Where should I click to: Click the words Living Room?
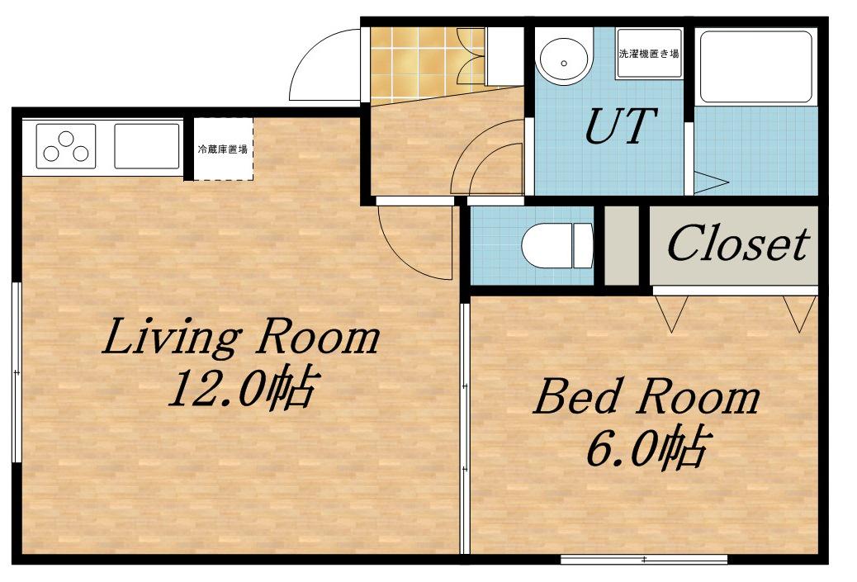(x=240, y=337)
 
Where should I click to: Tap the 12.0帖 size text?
(x=242, y=389)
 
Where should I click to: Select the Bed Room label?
(x=646, y=397)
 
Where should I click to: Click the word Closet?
(x=738, y=244)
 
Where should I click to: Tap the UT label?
(x=620, y=125)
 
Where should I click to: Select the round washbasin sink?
(x=564, y=61)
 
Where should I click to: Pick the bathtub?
(x=756, y=66)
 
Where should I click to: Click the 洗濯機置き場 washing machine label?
(x=649, y=54)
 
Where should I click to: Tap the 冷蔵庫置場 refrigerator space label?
(x=222, y=149)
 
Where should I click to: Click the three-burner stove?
(x=66, y=146)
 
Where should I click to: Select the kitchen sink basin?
(x=147, y=146)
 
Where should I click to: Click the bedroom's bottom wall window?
(x=644, y=560)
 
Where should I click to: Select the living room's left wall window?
(x=17, y=372)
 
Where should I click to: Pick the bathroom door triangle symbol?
(x=711, y=182)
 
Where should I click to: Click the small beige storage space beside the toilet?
(x=622, y=245)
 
